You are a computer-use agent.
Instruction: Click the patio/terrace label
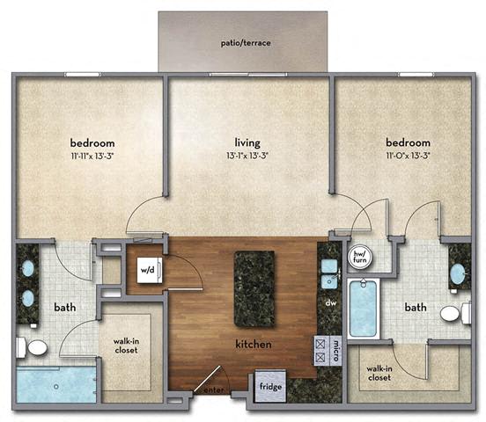pyautogui.click(x=246, y=43)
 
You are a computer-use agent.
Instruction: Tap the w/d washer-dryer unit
pyautogui.click(x=150, y=270)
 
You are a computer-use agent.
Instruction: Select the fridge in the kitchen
pyautogui.click(x=270, y=386)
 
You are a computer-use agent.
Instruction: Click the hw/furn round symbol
pyautogui.click(x=359, y=258)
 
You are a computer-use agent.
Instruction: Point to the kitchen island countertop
pyautogui.click(x=254, y=288)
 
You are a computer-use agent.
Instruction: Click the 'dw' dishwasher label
pyautogui.click(x=331, y=302)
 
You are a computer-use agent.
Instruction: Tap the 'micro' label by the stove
pyautogui.click(x=336, y=351)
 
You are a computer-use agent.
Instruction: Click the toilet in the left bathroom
pyautogui.click(x=32, y=347)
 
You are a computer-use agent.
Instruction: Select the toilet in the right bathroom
pyautogui.click(x=455, y=313)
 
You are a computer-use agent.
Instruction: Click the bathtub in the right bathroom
pyautogui.click(x=363, y=309)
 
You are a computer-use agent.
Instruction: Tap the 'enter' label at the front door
pyautogui.click(x=214, y=390)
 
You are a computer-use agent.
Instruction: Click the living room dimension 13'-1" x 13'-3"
pyautogui.click(x=247, y=156)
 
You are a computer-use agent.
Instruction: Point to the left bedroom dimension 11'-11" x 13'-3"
pyautogui.click(x=92, y=156)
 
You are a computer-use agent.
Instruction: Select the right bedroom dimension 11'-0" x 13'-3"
pyautogui.click(x=408, y=156)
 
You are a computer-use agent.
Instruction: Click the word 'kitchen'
pyautogui.click(x=254, y=344)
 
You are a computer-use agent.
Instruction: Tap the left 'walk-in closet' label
pyautogui.click(x=126, y=346)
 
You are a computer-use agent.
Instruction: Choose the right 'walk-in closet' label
pyautogui.click(x=379, y=373)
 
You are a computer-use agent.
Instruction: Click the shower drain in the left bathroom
pyautogui.click(x=56, y=387)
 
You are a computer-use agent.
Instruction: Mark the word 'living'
pyautogui.click(x=247, y=142)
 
